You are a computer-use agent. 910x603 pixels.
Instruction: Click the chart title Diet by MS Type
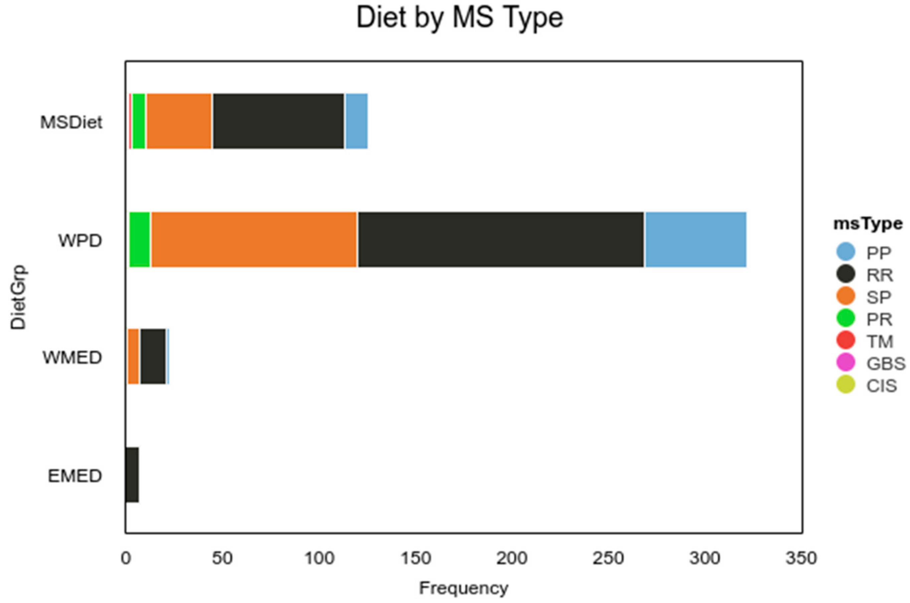tap(459, 18)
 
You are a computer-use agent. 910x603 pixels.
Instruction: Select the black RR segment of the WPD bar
tap(500, 240)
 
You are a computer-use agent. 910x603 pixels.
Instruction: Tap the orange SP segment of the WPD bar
tap(254, 240)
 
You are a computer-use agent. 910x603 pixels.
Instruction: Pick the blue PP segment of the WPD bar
tap(696, 240)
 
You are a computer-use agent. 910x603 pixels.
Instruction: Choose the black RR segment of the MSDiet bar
tap(278, 121)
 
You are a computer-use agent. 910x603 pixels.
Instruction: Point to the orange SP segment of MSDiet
tap(179, 121)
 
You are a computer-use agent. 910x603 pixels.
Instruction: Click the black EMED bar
tap(132, 475)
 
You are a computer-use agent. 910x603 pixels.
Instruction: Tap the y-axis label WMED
tap(72, 358)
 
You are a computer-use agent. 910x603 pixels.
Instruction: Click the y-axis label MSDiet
tap(71, 123)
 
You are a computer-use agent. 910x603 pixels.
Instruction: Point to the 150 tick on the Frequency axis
tap(416, 558)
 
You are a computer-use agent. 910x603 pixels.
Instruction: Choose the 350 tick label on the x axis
tap(801, 558)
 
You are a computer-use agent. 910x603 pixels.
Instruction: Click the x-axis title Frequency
tap(463, 588)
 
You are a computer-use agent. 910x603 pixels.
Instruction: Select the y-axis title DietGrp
tap(18, 297)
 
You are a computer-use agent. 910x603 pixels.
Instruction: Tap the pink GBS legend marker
tap(846, 362)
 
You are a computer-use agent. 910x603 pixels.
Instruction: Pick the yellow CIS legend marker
tap(846, 385)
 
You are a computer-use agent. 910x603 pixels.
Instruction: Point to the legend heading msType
tap(868, 223)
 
